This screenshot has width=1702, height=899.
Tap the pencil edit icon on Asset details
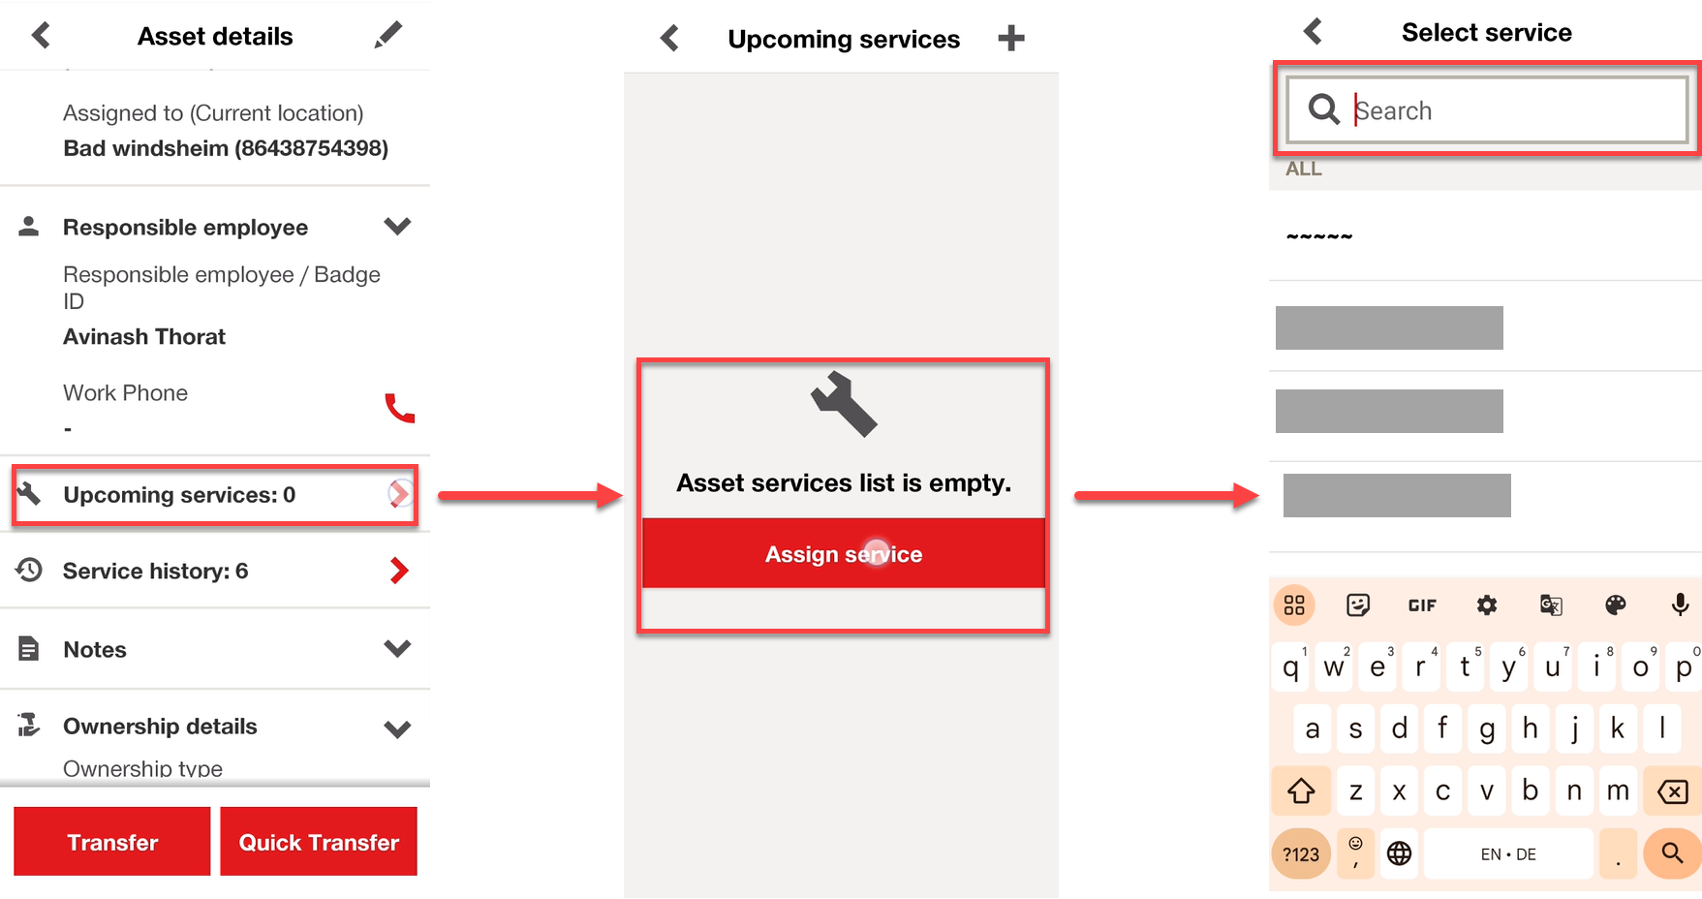(387, 36)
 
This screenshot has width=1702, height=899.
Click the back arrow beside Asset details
(41, 36)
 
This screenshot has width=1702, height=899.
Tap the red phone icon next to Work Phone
(399, 408)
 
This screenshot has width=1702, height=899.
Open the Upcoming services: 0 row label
(179, 495)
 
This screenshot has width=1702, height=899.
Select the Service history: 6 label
(155, 572)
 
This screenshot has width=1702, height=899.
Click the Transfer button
(112, 842)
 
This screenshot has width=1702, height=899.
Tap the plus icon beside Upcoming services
(1011, 39)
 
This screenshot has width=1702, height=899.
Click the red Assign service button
(844, 554)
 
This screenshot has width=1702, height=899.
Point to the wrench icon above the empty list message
(844, 404)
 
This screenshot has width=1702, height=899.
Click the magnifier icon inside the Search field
(1324, 109)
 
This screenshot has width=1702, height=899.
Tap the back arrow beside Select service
(1313, 32)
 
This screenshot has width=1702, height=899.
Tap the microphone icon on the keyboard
(1680, 605)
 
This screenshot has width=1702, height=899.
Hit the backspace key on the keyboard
(1673, 792)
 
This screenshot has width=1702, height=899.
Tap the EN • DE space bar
(1508, 854)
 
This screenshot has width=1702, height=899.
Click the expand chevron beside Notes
(397, 648)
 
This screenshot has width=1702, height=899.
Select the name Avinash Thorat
(144, 337)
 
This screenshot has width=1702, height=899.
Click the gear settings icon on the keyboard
(1487, 605)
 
